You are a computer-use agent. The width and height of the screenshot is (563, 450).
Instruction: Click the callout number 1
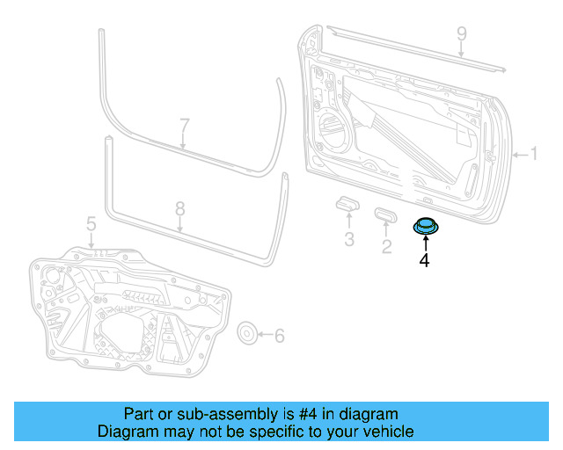(533, 155)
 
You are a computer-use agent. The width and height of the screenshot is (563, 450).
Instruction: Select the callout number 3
(349, 239)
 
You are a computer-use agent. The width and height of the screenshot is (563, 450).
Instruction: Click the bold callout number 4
(424, 260)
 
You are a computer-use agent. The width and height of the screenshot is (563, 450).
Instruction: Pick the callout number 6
(280, 335)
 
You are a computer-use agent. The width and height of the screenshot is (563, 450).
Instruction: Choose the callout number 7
(184, 125)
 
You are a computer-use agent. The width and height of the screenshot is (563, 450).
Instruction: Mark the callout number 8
(179, 209)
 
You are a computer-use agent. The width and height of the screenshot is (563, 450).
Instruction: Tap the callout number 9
(461, 34)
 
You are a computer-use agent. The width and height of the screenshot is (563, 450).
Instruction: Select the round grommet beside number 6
(249, 333)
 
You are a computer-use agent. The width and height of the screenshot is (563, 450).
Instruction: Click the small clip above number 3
(348, 205)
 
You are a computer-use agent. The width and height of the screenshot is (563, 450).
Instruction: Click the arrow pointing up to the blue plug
(425, 243)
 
